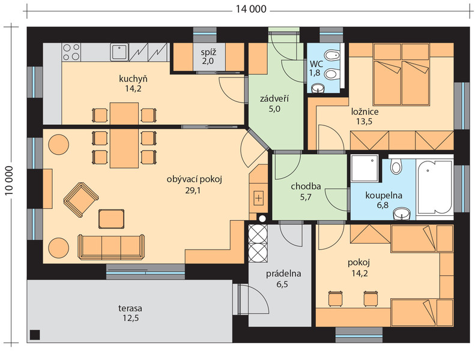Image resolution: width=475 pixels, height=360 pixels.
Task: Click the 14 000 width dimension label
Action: click(x=251, y=10)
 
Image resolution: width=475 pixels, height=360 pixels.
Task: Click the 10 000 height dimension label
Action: click(x=9, y=181)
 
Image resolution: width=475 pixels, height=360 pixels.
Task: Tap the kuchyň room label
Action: click(x=133, y=79)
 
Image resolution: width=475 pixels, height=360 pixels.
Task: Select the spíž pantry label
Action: click(x=208, y=52)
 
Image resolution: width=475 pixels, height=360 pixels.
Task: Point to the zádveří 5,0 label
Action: click(x=274, y=104)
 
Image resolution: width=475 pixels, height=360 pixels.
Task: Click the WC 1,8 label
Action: click(x=316, y=68)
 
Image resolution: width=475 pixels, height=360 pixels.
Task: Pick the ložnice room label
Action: click(x=365, y=112)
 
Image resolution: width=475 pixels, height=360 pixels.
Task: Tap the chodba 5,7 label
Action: click(x=306, y=192)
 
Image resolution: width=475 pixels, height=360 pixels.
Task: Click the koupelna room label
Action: click(x=384, y=195)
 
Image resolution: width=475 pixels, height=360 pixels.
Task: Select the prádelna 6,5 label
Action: click(x=283, y=279)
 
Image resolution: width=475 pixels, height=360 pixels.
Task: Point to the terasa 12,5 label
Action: click(x=130, y=313)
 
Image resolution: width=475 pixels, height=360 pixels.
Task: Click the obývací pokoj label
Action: click(x=194, y=179)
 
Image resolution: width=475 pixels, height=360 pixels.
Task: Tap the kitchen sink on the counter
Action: click(x=120, y=52)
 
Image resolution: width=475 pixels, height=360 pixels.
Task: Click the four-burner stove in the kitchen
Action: click(x=71, y=52)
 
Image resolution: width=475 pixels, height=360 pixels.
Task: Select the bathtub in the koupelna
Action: click(x=435, y=187)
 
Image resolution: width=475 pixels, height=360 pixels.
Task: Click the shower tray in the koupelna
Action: click(x=365, y=169)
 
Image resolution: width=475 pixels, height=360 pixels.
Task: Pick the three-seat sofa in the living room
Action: click(x=111, y=247)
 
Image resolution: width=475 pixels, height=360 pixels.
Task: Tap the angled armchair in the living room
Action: click(x=81, y=200)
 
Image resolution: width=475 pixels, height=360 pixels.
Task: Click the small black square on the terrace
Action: click(x=35, y=335)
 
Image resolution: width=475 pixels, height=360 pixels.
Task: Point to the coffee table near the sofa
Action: click(x=111, y=218)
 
